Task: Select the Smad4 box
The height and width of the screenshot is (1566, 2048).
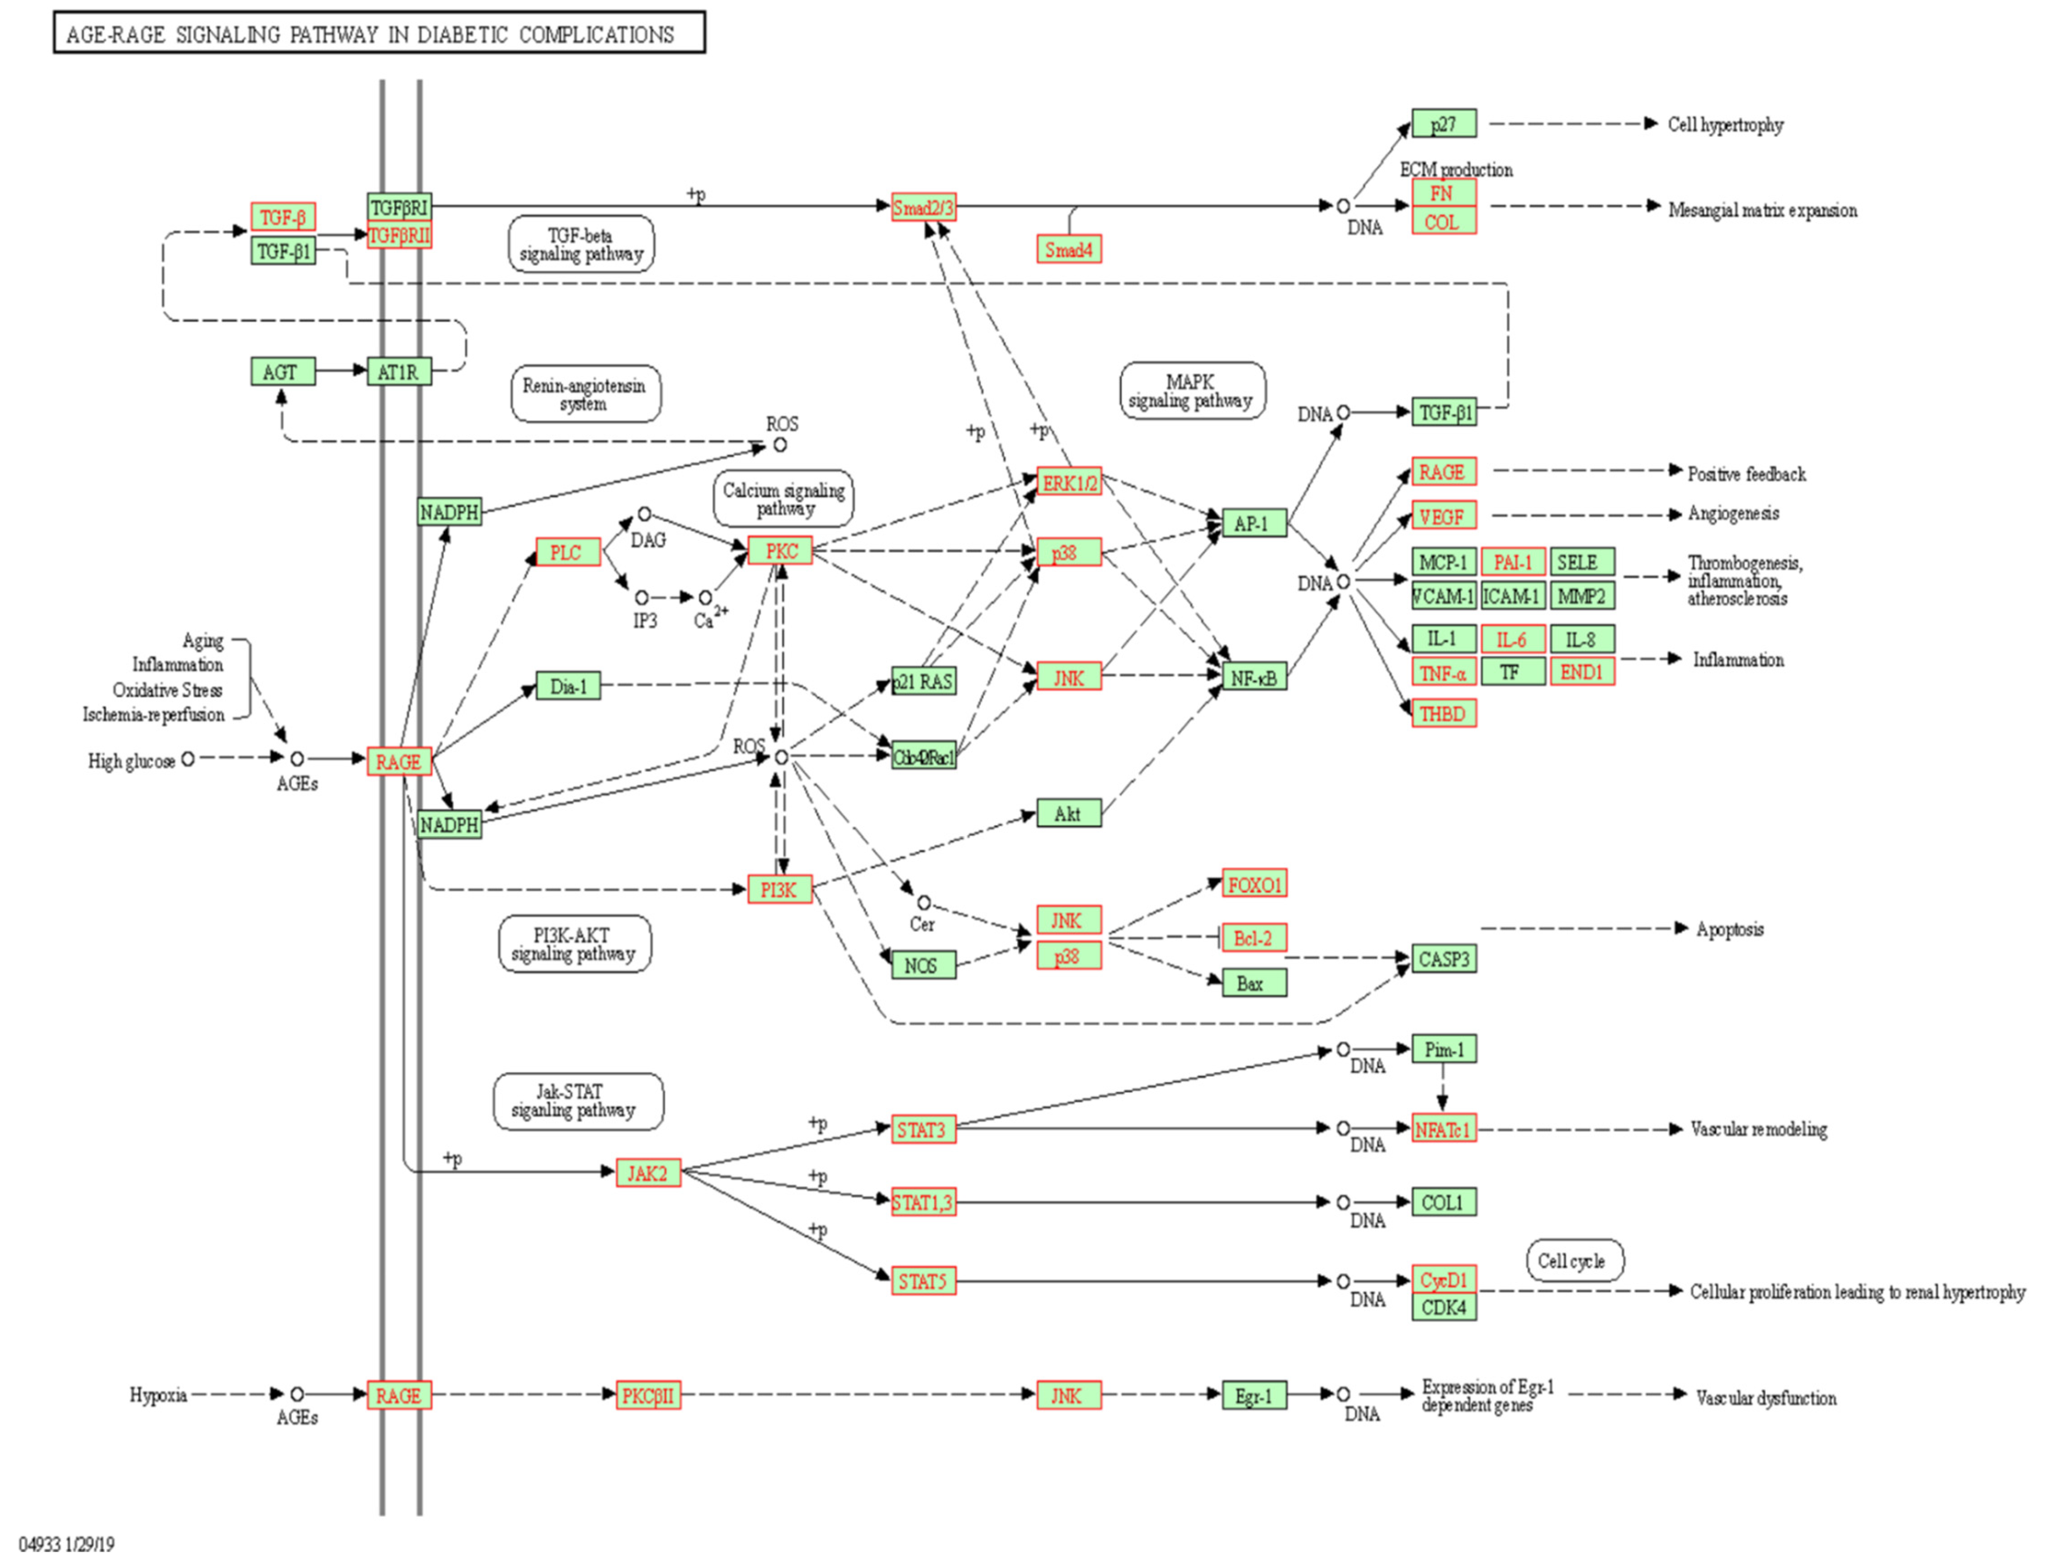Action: click(1068, 250)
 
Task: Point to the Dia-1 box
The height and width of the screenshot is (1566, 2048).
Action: click(568, 687)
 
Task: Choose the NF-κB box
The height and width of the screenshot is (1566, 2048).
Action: click(1254, 677)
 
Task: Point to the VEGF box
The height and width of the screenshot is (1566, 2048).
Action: click(1443, 516)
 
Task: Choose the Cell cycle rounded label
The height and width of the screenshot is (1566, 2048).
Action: click(1573, 1260)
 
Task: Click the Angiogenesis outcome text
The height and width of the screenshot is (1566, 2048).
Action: click(1732, 513)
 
